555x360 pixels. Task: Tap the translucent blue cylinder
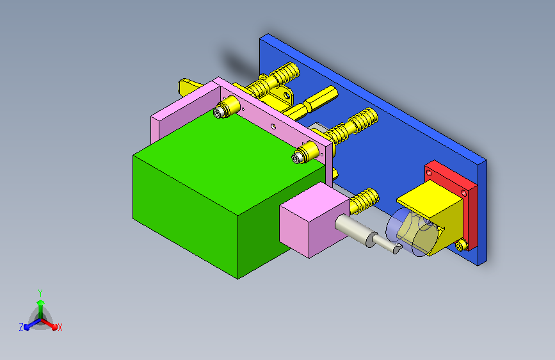[407, 232]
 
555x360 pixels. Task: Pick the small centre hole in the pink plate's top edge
[273, 126]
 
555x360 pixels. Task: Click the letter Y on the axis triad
[40, 293]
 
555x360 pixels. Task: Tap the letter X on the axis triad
[60, 328]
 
